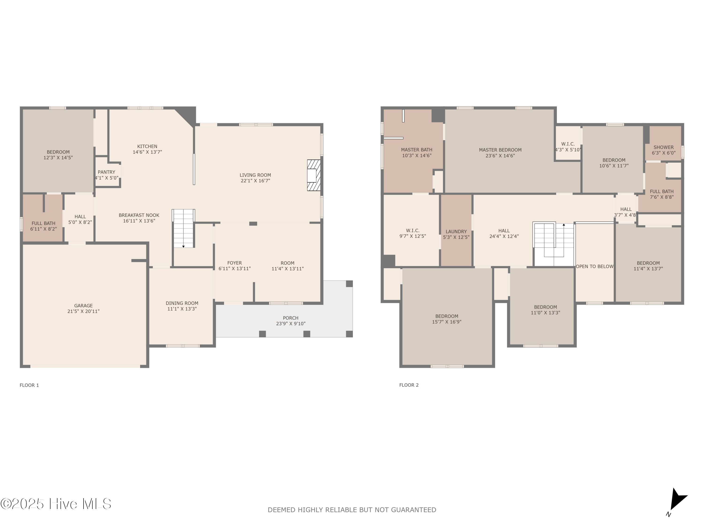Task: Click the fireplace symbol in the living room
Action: click(314, 175)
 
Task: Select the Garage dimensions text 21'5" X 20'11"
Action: click(83, 311)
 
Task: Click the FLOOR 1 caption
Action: click(29, 385)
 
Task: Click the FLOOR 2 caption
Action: click(409, 385)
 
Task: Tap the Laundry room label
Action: click(456, 232)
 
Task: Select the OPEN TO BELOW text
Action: click(594, 266)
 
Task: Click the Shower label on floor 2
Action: click(664, 147)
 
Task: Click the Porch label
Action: click(291, 318)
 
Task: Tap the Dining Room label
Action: click(182, 303)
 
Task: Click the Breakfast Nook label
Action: click(139, 215)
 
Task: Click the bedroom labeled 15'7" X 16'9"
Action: click(447, 319)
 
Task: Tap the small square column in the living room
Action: click(253, 224)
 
